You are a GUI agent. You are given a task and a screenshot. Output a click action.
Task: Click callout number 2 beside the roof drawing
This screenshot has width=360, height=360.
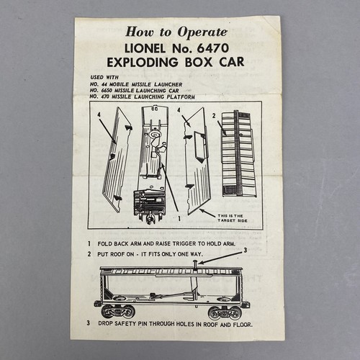214,114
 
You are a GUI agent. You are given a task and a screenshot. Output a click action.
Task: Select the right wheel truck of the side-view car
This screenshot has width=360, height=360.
228,311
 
